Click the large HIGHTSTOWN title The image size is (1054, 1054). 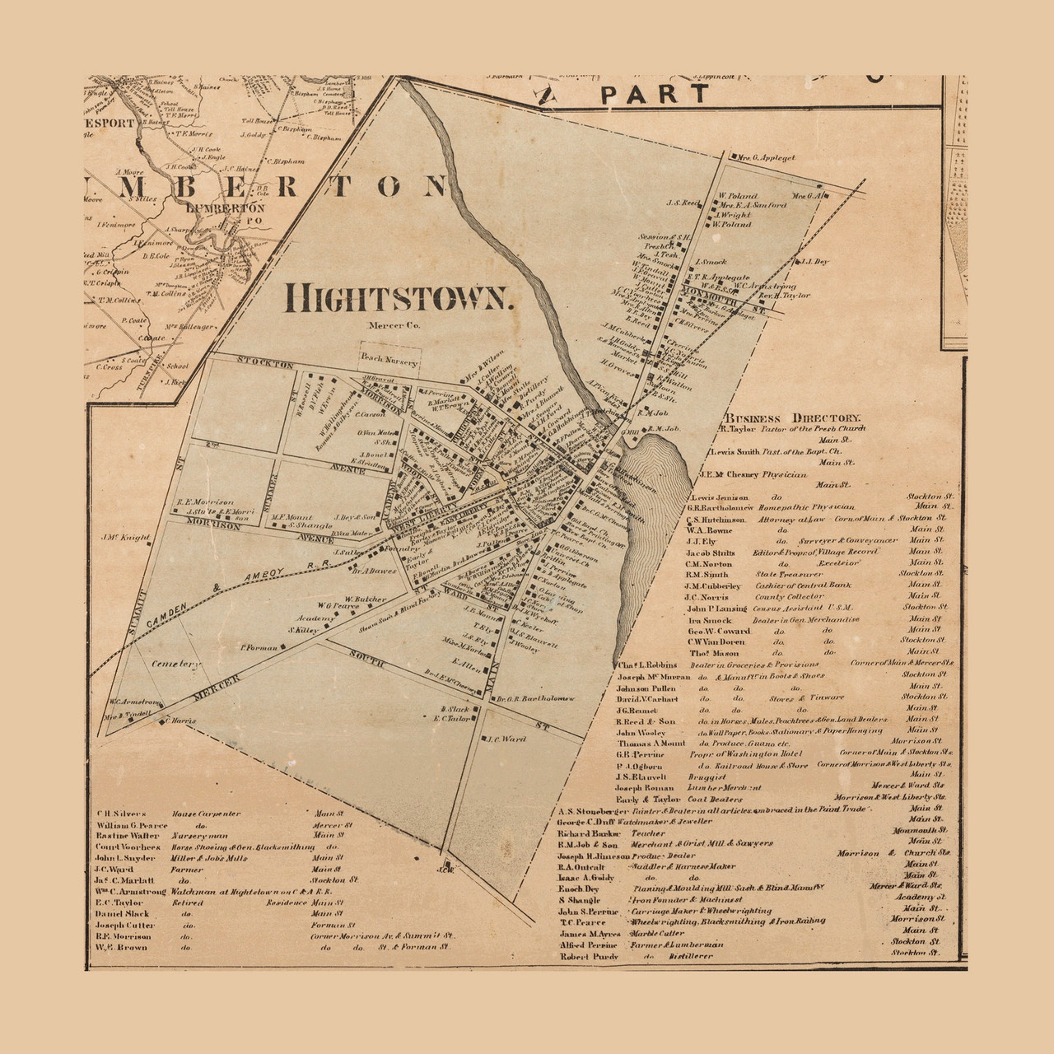point(399,297)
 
